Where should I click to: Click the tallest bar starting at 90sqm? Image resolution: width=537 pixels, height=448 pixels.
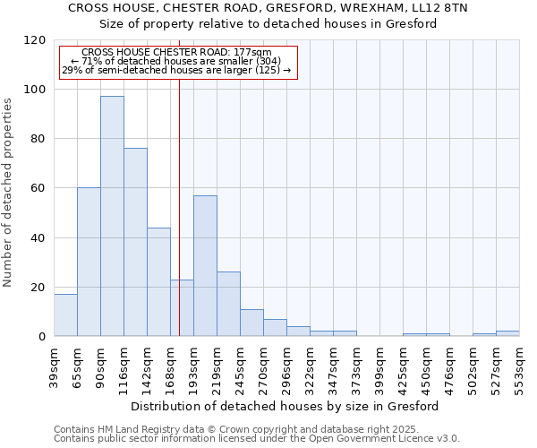tap(112, 216)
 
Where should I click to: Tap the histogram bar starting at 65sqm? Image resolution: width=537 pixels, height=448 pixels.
tap(89, 262)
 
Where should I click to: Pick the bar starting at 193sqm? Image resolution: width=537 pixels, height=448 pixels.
tap(205, 265)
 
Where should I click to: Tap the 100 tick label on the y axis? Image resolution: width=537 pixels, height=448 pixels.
tap(35, 90)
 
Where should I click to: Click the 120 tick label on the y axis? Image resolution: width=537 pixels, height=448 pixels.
tap(35, 40)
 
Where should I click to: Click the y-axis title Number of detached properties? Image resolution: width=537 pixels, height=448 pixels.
tap(9, 193)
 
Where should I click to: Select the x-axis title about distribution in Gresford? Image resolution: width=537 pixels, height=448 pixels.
tap(285, 406)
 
